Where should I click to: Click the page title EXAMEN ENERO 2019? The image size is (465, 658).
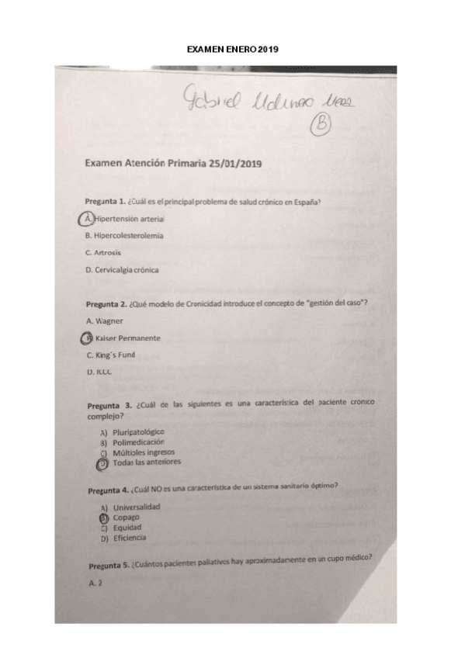click(x=232, y=49)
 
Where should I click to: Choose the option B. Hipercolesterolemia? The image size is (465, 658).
click(x=124, y=235)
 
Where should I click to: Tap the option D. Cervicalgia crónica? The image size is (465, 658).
click(x=122, y=269)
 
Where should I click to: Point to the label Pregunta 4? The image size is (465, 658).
click(x=108, y=490)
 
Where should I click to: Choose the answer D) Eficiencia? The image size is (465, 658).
click(x=123, y=538)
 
